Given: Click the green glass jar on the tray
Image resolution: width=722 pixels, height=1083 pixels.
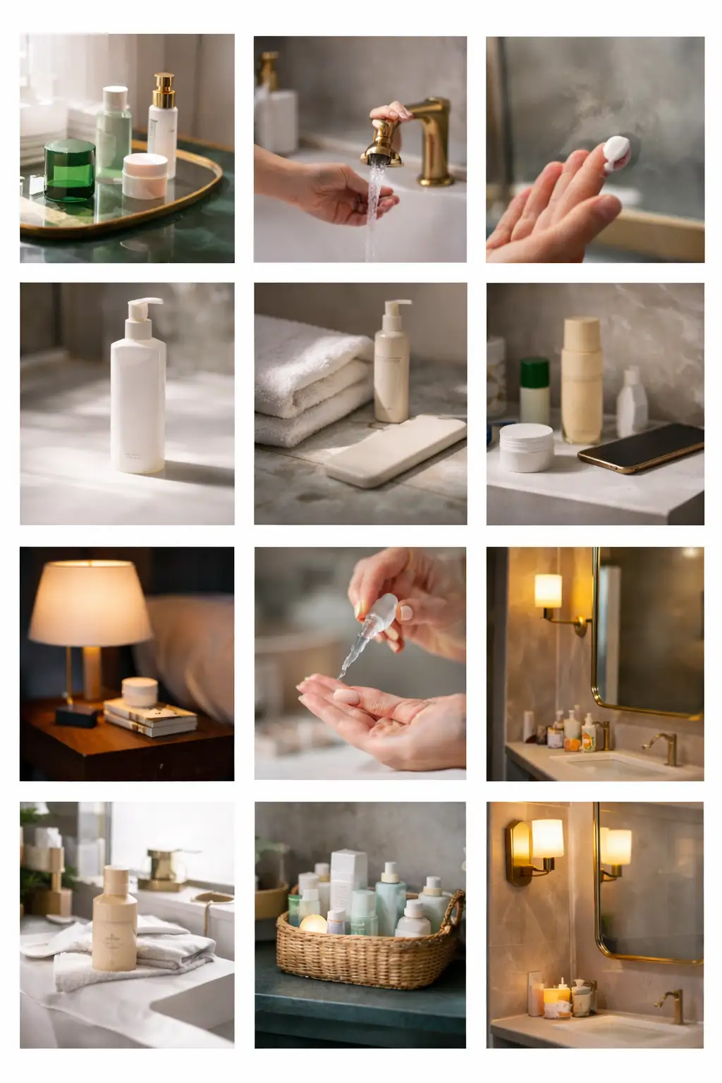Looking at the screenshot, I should click(69, 170).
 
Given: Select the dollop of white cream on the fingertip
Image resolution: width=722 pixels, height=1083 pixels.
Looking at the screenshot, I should click(616, 153).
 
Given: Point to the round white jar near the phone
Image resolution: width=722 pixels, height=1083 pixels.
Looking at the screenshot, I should click(526, 447).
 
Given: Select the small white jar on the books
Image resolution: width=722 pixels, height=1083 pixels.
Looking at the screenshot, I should click(139, 691).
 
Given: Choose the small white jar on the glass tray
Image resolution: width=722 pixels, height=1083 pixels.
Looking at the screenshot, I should click(145, 175).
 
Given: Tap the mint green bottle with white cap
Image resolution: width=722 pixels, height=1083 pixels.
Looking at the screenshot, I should click(114, 131).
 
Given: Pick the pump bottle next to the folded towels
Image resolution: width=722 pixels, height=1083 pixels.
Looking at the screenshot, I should click(391, 363).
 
